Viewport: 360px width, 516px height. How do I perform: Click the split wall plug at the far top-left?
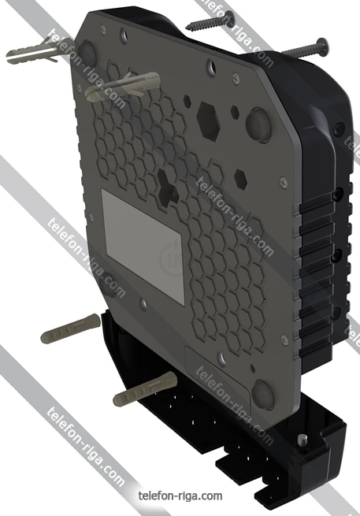click(33, 52)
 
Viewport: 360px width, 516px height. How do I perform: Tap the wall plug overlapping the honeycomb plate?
click(122, 86)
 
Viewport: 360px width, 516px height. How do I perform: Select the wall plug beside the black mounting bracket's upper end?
click(70, 328)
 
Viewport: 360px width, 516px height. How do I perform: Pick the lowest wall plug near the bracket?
click(145, 388)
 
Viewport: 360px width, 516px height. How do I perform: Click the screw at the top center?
click(210, 20)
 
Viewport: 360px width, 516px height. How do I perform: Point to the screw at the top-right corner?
click(305, 48)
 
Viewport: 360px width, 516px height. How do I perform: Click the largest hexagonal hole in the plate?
click(208, 121)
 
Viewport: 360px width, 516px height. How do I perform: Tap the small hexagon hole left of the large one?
click(187, 101)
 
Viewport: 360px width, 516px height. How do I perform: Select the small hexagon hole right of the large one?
click(235, 113)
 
